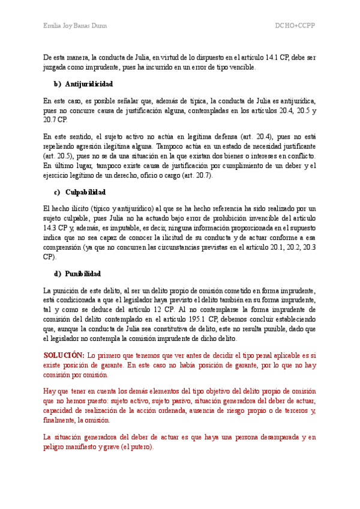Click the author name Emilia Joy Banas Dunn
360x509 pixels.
76,26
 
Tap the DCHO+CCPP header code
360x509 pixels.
295,26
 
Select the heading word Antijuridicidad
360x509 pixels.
88,83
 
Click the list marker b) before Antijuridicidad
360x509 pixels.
58,83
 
